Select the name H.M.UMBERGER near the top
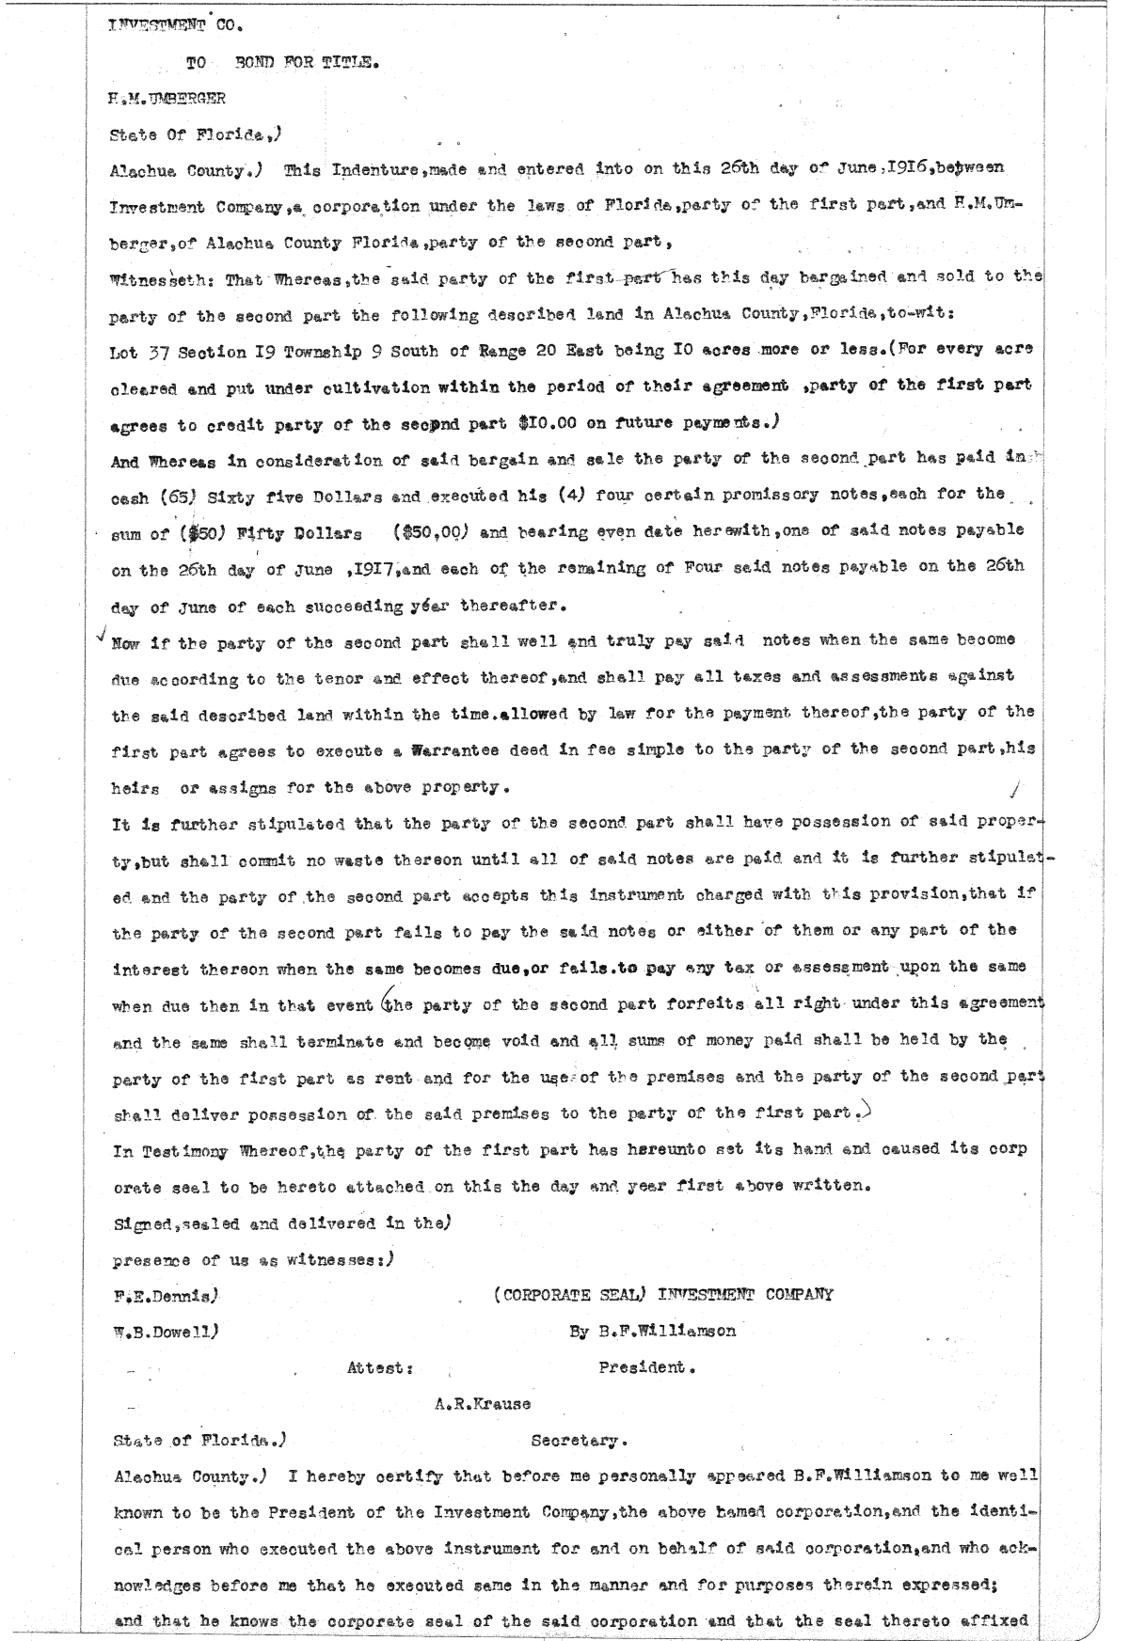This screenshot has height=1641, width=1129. click(168, 97)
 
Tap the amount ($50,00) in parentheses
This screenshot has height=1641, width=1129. click(430, 531)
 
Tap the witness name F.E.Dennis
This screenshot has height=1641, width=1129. click(164, 1295)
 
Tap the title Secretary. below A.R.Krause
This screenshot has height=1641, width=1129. click(580, 1441)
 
